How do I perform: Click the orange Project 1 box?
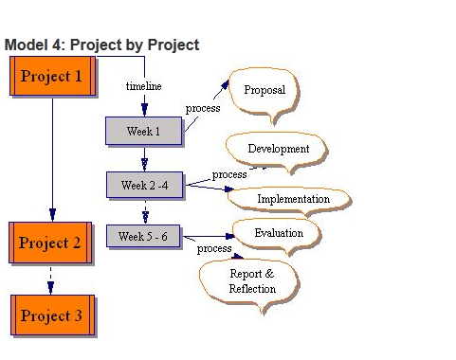point(51,77)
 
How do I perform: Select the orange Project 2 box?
point(51,243)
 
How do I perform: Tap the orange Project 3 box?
point(51,316)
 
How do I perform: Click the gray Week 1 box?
point(143,131)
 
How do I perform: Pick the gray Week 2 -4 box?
point(145,185)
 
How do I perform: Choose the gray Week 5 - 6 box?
point(143,236)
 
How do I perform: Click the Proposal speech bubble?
point(264,91)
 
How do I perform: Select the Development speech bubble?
point(278,149)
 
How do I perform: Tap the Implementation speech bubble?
point(294,199)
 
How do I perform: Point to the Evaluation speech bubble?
point(279,232)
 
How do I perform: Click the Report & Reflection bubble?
point(252,281)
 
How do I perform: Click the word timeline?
point(144,86)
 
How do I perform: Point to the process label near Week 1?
point(203,108)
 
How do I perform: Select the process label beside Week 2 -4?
point(229,174)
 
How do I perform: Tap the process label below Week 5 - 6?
point(213,248)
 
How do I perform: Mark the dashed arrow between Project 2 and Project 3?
point(51,279)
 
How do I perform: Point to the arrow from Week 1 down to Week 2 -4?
point(144,157)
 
